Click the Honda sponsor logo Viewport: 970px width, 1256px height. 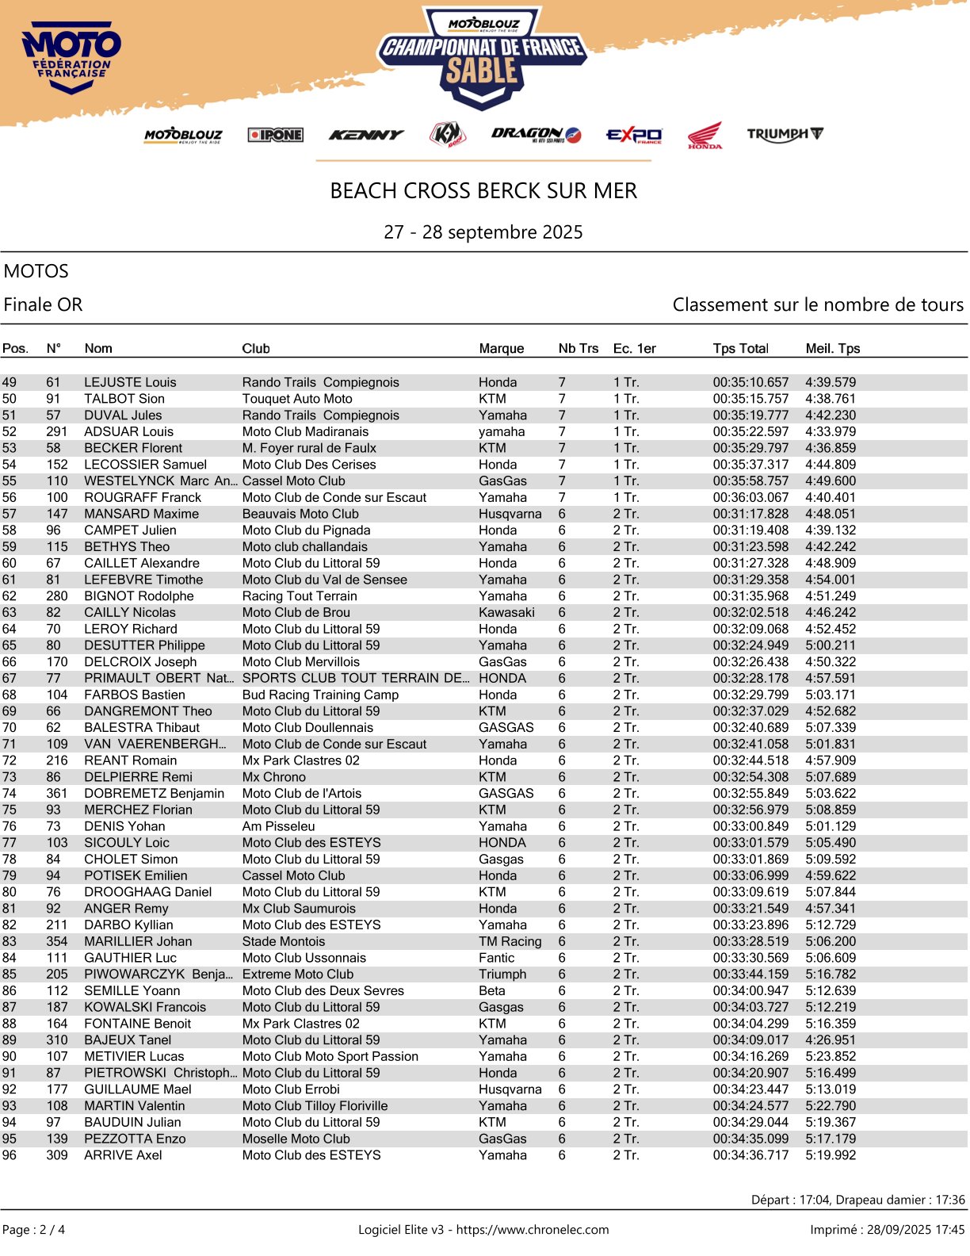[705, 136]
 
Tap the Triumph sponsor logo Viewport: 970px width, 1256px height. [785, 134]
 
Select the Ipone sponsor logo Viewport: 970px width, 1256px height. [275, 135]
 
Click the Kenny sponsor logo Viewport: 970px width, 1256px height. [365, 135]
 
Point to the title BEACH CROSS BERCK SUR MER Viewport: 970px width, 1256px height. [483, 191]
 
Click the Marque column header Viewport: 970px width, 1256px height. [501, 348]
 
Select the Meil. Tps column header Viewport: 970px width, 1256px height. [832, 348]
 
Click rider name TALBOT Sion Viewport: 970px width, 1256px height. [124, 399]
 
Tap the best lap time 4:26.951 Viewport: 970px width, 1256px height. [831, 1040]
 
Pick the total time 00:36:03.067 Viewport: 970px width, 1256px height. [750, 497]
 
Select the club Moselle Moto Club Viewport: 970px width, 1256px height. [296, 1139]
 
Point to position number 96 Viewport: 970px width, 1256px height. [10, 1155]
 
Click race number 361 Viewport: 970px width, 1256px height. [57, 793]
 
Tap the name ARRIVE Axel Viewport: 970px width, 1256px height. [123, 1155]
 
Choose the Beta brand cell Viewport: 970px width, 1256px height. [491, 990]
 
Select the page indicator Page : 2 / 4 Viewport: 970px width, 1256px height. [34, 1230]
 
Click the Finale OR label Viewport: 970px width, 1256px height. [44, 304]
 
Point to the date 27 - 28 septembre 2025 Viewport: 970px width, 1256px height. [483, 232]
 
